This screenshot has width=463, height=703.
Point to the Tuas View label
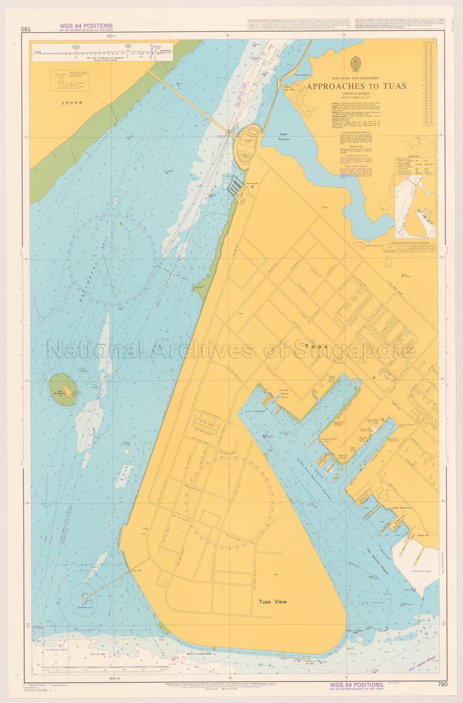pos(272,602)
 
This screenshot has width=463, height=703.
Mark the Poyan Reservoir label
pos(303,74)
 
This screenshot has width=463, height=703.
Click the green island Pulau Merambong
pos(64,390)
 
